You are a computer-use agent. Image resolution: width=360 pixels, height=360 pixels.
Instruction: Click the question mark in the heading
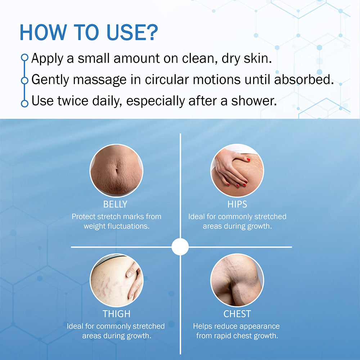click(151, 32)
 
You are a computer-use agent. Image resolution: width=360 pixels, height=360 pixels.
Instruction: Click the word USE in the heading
click(125, 32)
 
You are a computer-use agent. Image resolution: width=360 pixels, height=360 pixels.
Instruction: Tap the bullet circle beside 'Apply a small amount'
click(24, 57)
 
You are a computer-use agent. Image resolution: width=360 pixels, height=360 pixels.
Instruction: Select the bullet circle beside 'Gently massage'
click(24, 81)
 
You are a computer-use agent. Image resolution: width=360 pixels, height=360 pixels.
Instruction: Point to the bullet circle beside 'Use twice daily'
click(24, 103)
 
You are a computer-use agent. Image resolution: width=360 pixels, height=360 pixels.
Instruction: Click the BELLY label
click(115, 204)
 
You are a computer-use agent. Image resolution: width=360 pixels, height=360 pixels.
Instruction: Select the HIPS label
click(237, 204)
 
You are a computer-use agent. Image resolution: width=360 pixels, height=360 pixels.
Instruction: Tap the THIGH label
click(116, 314)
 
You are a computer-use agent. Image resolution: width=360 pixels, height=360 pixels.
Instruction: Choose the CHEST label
click(237, 314)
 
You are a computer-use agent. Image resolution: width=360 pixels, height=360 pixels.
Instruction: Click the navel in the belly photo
click(116, 171)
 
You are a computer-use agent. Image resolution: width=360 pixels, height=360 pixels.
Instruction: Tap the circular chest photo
click(237, 280)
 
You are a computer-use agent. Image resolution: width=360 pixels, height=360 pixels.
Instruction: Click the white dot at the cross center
click(180, 247)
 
